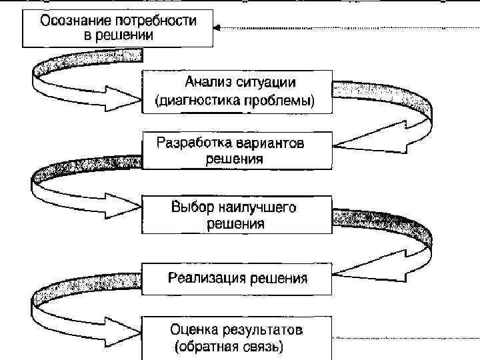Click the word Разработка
pos(195,143)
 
